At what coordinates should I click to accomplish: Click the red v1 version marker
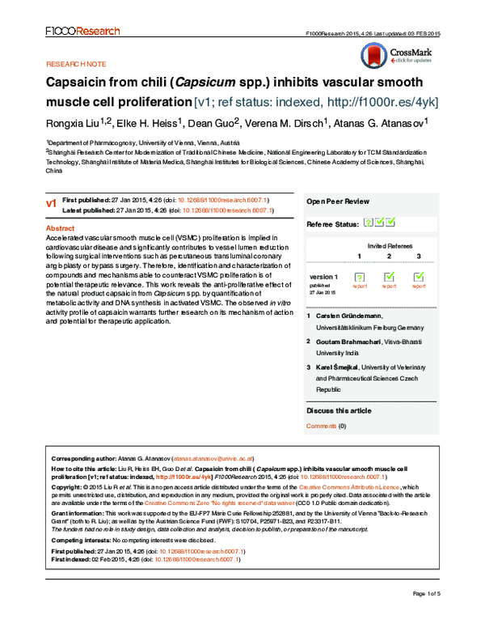(x=51, y=203)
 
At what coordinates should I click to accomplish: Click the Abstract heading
(x=60, y=229)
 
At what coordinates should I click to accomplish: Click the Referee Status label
(x=331, y=223)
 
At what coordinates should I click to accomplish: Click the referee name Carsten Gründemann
(x=348, y=315)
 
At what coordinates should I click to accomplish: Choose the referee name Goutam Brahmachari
(x=351, y=342)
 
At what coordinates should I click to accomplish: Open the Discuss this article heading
(x=339, y=411)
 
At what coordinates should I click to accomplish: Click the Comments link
(x=321, y=426)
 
